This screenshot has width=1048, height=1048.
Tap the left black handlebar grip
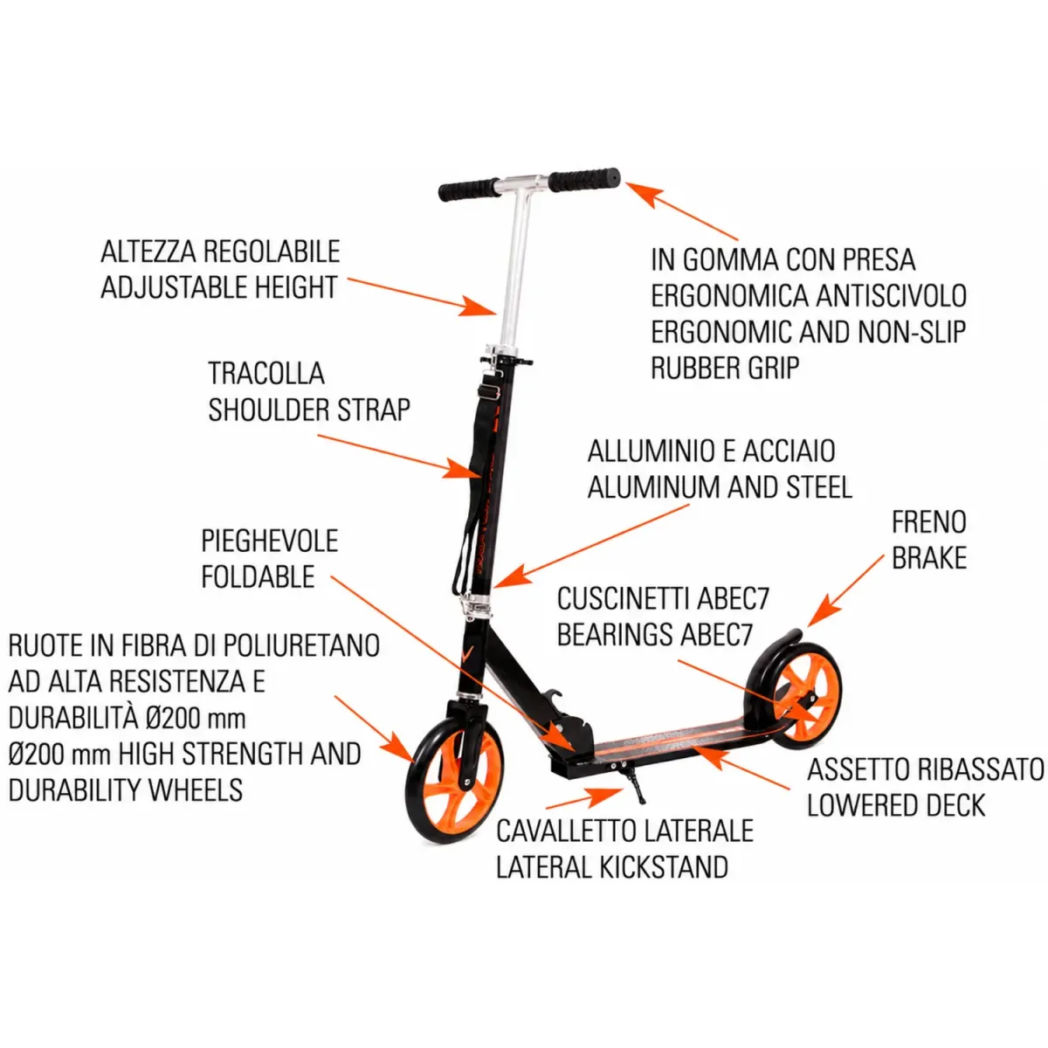[x=468, y=190]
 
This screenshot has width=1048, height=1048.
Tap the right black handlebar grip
[x=584, y=181]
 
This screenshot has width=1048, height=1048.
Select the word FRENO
[x=929, y=522]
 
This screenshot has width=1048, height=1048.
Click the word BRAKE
[x=929, y=558]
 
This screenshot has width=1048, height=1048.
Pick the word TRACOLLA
[x=266, y=373]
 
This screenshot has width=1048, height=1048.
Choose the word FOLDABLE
[x=258, y=576]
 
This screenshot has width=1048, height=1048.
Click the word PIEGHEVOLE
[x=270, y=541]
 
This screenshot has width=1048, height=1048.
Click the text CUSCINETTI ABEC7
[x=663, y=599]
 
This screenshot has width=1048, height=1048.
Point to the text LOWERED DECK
[x=896, y=805]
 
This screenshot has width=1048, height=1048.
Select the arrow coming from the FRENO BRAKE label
[x=845, y=591]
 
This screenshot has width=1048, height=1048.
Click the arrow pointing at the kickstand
[x=584, y=797]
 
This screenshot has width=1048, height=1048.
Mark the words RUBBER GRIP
[x=725, y=368]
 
